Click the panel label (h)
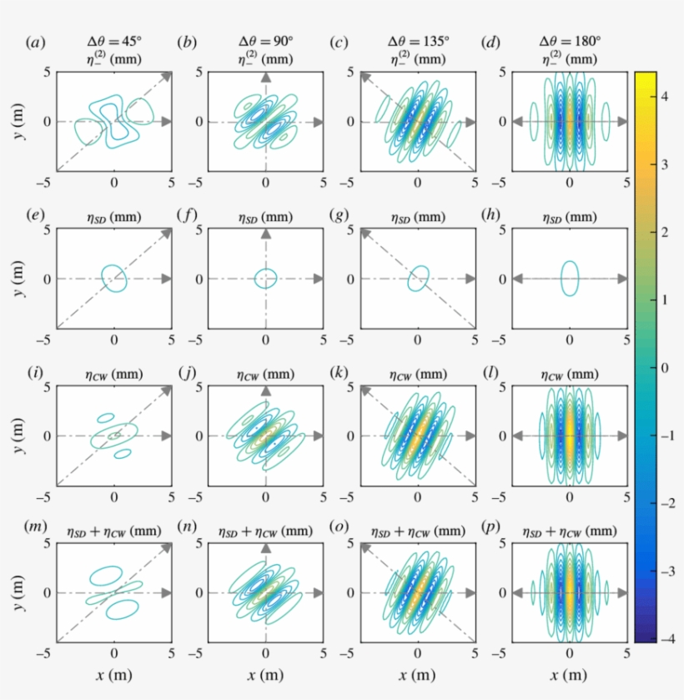click(493, 217)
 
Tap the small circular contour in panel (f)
click(265, 278)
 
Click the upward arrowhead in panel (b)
click(265, 77)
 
